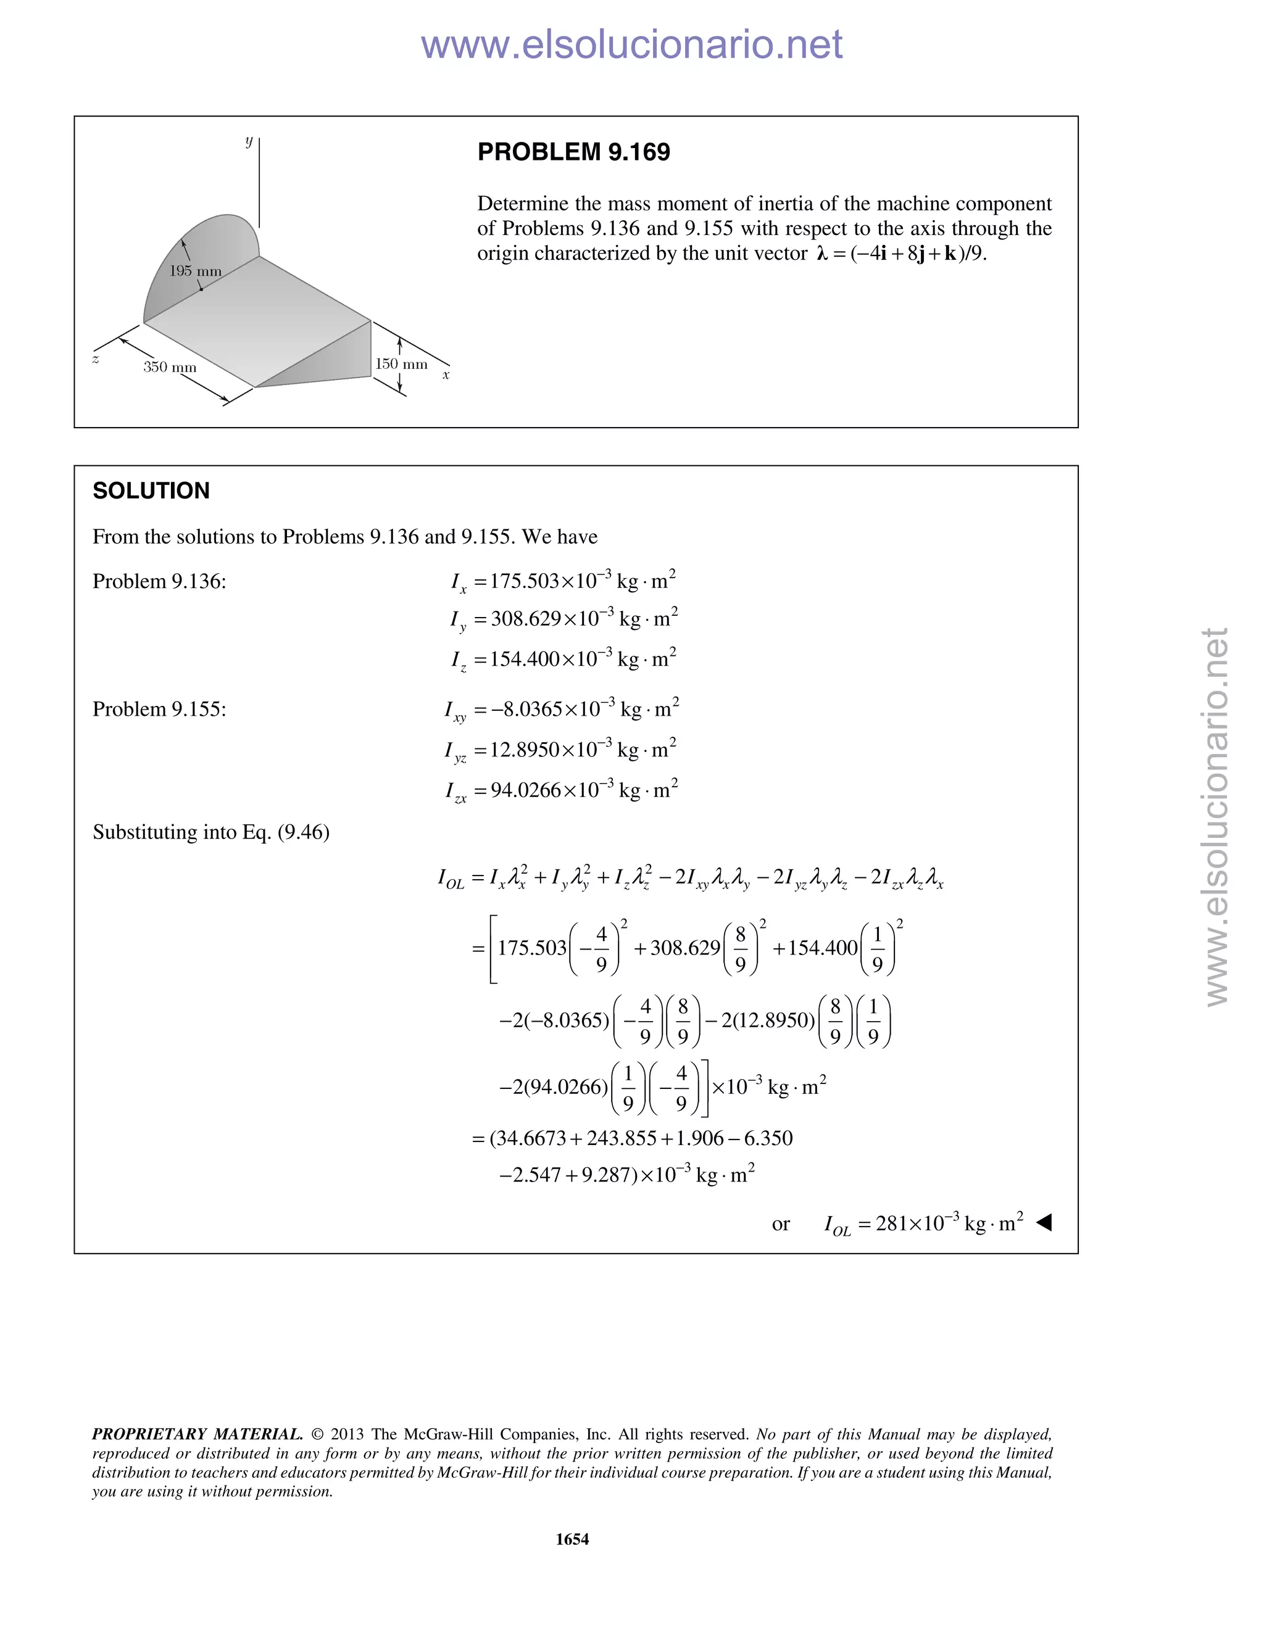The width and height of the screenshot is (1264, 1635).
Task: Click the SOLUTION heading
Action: coord(151,491)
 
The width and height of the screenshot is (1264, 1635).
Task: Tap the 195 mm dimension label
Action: coord(196,271)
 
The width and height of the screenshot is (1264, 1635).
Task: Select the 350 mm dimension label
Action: coord(170,368)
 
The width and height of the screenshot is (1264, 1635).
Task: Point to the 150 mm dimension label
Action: coord(401,365)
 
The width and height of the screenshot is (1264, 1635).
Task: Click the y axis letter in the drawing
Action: coord(249,141)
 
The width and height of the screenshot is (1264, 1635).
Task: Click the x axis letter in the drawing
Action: coord(446,375)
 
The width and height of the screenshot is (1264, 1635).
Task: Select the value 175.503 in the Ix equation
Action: coord(524,582)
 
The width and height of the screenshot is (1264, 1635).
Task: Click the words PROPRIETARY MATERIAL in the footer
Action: coord(197,1434)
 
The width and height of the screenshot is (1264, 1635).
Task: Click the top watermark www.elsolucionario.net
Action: coord(631,44)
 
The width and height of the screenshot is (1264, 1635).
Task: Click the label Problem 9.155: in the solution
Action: coord(159,710)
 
